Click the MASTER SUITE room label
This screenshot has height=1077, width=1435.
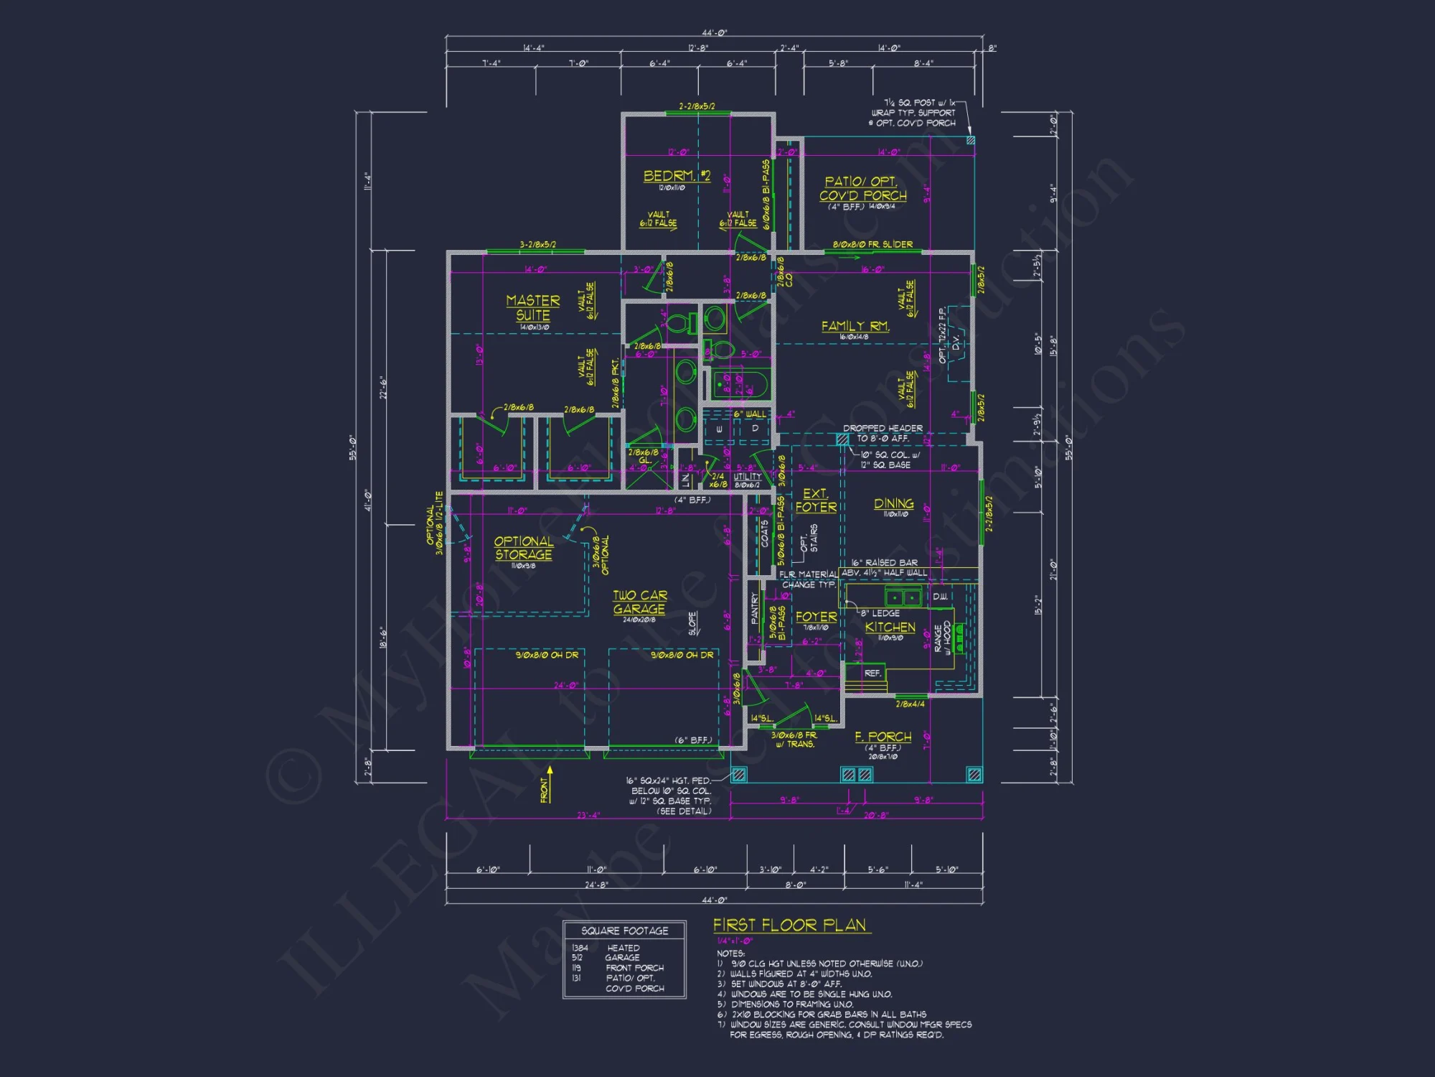coord(532,308)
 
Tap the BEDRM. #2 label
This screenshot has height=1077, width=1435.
coord(677,176)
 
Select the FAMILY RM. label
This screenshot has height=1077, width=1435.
coord(855,326)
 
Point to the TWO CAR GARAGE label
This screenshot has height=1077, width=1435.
coord(639,602)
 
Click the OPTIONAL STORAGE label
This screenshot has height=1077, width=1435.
coord(523,548)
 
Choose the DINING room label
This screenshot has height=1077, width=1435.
coord(893,503)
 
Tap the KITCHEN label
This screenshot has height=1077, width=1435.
coord(890,627)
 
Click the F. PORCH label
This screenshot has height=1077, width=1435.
coord(883,737)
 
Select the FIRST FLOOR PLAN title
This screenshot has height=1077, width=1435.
coord(789,925)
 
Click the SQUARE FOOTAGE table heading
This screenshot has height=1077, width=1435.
coord(624,931)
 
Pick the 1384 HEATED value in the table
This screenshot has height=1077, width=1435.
coord(606,948)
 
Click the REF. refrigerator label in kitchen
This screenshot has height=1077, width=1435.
coord(872,673)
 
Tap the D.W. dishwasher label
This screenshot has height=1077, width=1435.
coord(940,597)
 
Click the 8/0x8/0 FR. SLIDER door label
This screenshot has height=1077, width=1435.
coord(872,245)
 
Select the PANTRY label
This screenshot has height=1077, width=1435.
coord(754,607)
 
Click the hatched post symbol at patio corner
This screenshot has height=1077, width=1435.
coord(970,141)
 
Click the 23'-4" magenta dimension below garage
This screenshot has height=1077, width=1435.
coord(588,815)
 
